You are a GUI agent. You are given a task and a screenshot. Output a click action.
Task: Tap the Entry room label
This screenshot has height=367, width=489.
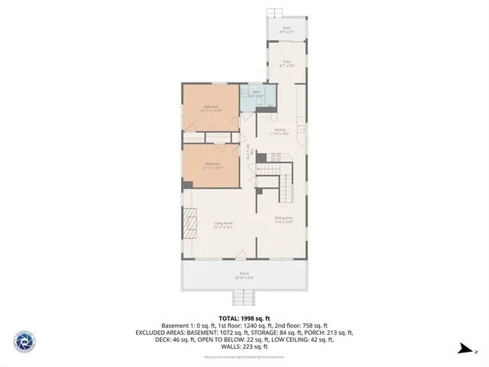coord(287,63)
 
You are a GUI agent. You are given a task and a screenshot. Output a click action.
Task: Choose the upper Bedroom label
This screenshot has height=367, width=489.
coord(211,108)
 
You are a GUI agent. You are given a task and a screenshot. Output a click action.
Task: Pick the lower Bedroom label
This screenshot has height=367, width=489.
coord(212,164)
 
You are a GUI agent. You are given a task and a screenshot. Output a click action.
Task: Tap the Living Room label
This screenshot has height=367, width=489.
coord(222,224)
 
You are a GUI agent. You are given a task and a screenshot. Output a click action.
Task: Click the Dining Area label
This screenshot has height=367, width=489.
coord(284,219)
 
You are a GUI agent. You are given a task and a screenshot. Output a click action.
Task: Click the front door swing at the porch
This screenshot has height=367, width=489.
coord(241,255)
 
